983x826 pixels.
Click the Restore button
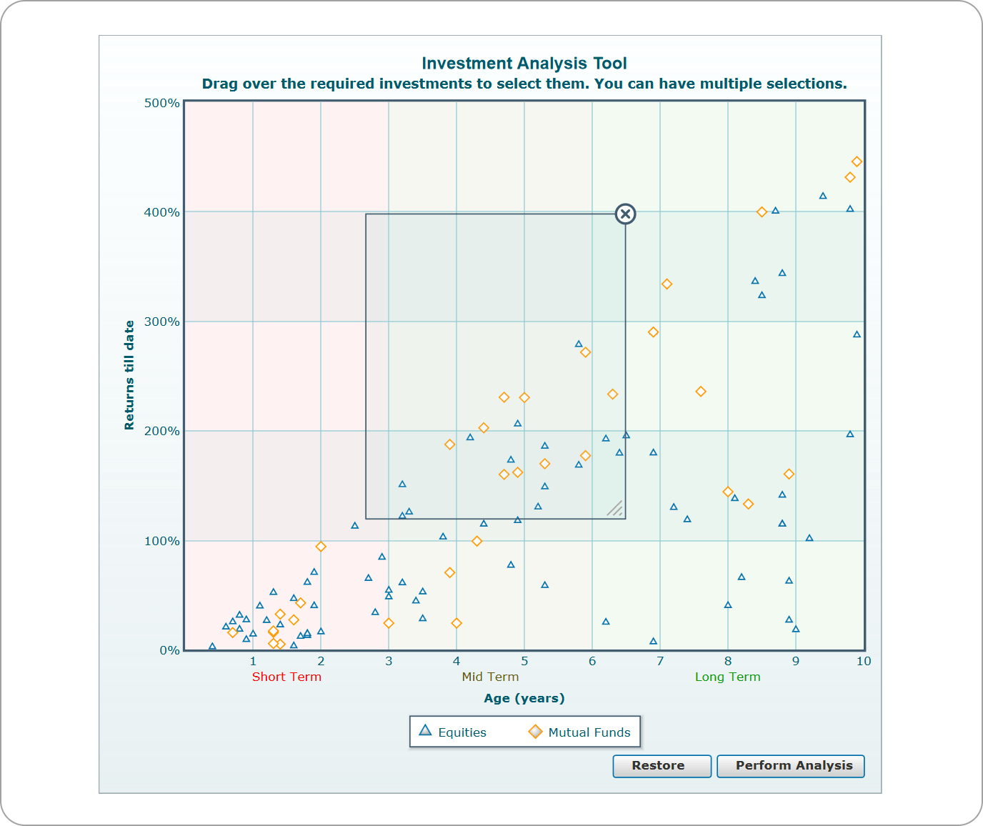[x=662, y=766]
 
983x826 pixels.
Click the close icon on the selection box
[x=625, y=214]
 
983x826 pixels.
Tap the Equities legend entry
[x=453, y=732]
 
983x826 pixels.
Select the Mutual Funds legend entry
[x=579, y=732]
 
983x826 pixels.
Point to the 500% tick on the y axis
[x=162, y=103]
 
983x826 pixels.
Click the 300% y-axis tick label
[x=162, y=322]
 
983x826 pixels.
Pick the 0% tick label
[x=169, y=650]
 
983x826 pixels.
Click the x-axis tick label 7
[x=660, y=661]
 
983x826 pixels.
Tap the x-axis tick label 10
[x=863, y=661]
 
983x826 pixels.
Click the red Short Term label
[x=286, y=677]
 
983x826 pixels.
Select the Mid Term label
[x=490, y=677]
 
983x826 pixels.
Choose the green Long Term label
[x=727, y=677]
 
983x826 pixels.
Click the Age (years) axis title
[x=524, y=698]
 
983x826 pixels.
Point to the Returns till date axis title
[x=129, y=375]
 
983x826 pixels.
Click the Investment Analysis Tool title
[x=524, y=64]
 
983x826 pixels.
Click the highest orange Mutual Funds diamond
[x=857, y=162]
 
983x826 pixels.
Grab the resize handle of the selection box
[x=615, y=508]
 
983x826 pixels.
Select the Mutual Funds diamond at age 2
[x=321, y=547]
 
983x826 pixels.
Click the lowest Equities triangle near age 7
[x=653, y=641]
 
